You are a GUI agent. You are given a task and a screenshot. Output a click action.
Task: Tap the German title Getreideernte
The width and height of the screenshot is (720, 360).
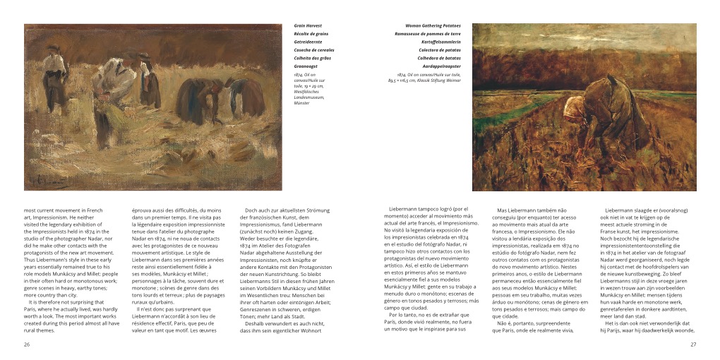coord(308,42)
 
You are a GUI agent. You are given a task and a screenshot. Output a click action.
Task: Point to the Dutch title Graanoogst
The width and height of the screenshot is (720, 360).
coord(308,66)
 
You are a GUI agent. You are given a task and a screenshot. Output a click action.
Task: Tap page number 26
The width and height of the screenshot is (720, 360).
coord(27,344)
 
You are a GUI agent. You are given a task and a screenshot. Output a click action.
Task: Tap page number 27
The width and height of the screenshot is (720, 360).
coord(693,344)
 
